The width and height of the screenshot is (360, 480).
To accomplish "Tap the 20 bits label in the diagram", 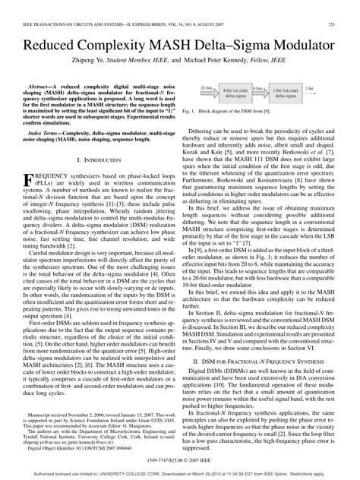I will (x=206, y=87).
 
